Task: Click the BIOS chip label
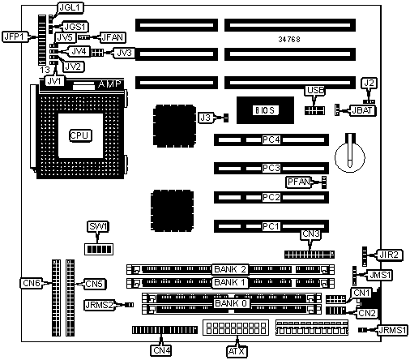(x=265, y=110)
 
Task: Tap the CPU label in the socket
(x=80, y=135)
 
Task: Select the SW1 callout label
(x=98, y=226)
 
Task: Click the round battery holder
(x=350, y=156)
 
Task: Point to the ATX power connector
(x=236, y=328)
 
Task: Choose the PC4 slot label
(x=271, y=139)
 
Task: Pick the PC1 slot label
(x=271, y=226)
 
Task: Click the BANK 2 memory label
(x=230, y=269)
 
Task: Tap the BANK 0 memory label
(x=231, y=303)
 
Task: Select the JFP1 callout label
(x=15, y=36)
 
